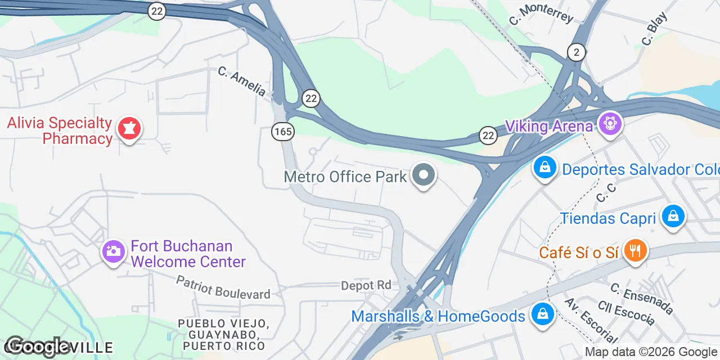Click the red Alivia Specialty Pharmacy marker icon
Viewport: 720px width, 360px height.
click(x=129, y=129)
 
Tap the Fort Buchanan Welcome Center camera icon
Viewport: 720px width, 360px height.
click(x=113, y=251)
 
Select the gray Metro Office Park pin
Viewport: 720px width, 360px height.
click(x=424, y=175)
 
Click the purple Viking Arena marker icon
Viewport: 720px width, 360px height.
click(x=609, y=123)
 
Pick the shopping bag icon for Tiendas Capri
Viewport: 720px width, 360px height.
click(x=673, y=215)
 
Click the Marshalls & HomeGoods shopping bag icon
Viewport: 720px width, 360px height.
click(x=542, y=314)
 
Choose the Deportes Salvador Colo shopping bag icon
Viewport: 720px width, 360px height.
click(x=544, y=167)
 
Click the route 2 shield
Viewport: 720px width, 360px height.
click(x=575, y=52)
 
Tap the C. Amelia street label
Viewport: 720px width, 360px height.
click(x=242, y=81)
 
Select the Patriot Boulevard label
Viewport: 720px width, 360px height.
click(x=223, y=287)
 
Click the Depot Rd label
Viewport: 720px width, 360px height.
click(x=366, y=286)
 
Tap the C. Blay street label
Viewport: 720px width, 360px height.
click(x=654, y=29)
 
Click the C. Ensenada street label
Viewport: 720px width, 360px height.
click(x=641, y=299)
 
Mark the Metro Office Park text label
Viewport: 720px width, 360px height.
click(x=345, y=177)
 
